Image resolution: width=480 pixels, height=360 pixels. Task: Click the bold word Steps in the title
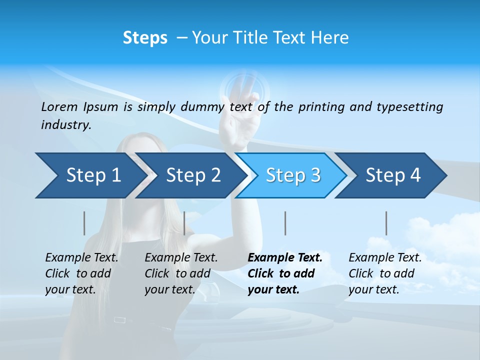145,38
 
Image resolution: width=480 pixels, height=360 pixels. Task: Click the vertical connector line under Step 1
84,223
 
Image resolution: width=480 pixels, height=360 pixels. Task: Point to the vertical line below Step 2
184,223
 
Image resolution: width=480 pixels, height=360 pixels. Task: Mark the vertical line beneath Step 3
285,223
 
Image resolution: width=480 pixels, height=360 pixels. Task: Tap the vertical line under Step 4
386,223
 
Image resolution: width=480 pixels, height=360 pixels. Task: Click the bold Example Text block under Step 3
285,273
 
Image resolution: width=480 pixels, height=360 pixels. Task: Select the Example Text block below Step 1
81,273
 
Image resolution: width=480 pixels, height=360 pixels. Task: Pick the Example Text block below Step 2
181,273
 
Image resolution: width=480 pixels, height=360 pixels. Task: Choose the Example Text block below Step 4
385,273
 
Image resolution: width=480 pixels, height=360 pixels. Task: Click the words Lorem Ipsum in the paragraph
79,107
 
